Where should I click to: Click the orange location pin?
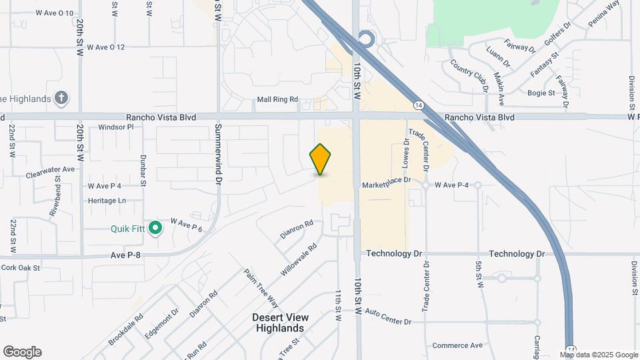(x=321, y=159)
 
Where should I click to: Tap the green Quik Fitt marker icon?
(x=155, y=229)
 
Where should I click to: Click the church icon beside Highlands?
(x=61, y=99)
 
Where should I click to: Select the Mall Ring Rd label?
(x=277, y=100)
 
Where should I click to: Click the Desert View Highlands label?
(x=279, y=323)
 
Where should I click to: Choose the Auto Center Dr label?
(x=388, y=317)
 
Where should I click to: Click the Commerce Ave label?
(x=457, y=345)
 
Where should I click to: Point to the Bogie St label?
(x=541, y=93)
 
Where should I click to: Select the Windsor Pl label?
(x=116, y=127)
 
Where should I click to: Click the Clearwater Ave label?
(x=51, y=171)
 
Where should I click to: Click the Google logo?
(x=22, y=352)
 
